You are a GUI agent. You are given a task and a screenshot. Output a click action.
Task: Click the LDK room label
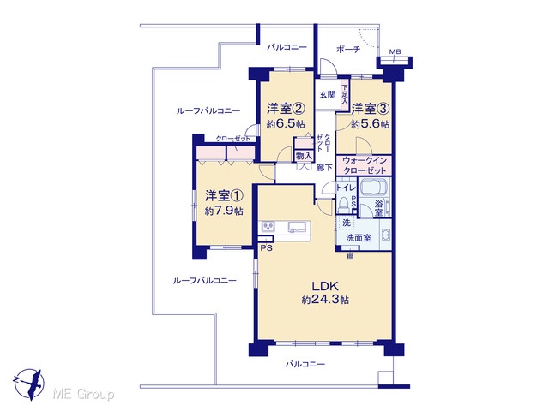(325, 287)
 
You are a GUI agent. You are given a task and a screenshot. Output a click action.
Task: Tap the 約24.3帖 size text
(325, 300)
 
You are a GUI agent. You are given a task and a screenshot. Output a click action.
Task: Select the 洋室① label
(224, 196)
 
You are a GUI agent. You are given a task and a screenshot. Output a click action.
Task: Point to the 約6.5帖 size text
(286, 124)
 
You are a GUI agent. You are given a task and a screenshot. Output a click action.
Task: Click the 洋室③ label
(371, 109)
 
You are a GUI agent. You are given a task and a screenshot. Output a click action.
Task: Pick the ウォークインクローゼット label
(365, 165)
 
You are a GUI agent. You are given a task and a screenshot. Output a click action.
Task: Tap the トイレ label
(346, 188)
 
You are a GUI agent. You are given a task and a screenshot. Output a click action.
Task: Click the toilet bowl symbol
(344, 205)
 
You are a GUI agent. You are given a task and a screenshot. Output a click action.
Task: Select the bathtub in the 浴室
(374, 188)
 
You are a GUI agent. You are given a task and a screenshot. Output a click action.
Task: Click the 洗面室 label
(359, 238)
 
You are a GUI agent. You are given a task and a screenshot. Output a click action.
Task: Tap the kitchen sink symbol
(297, 228)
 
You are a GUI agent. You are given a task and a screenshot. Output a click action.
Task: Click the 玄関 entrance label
(328, 95)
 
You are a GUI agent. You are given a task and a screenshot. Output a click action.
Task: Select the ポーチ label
(348, 50)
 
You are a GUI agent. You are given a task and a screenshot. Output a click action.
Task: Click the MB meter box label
(395, 52)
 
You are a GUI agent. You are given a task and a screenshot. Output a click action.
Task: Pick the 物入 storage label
(304, 156)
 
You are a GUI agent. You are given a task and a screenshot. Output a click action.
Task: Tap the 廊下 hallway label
(324, 168)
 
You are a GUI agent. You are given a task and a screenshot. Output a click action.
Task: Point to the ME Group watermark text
(83, 394)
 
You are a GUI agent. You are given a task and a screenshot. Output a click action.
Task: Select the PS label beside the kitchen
(267, 249)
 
